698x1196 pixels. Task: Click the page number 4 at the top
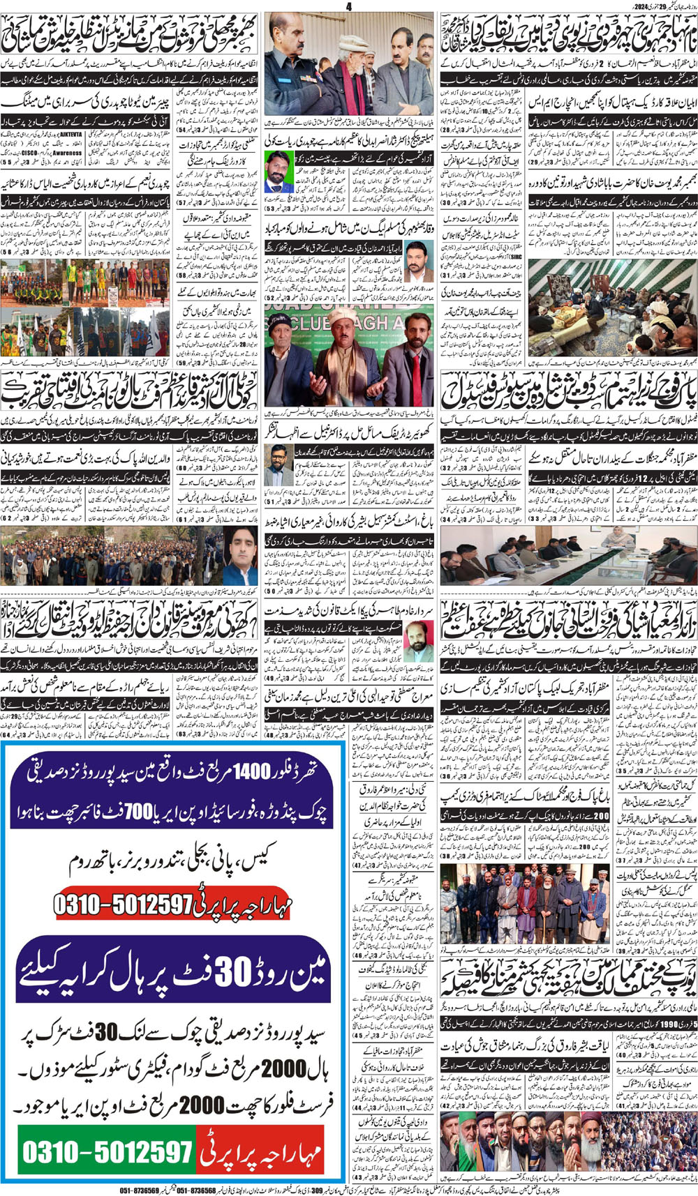coord(349,6)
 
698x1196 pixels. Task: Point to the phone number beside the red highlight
coord(122,904)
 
